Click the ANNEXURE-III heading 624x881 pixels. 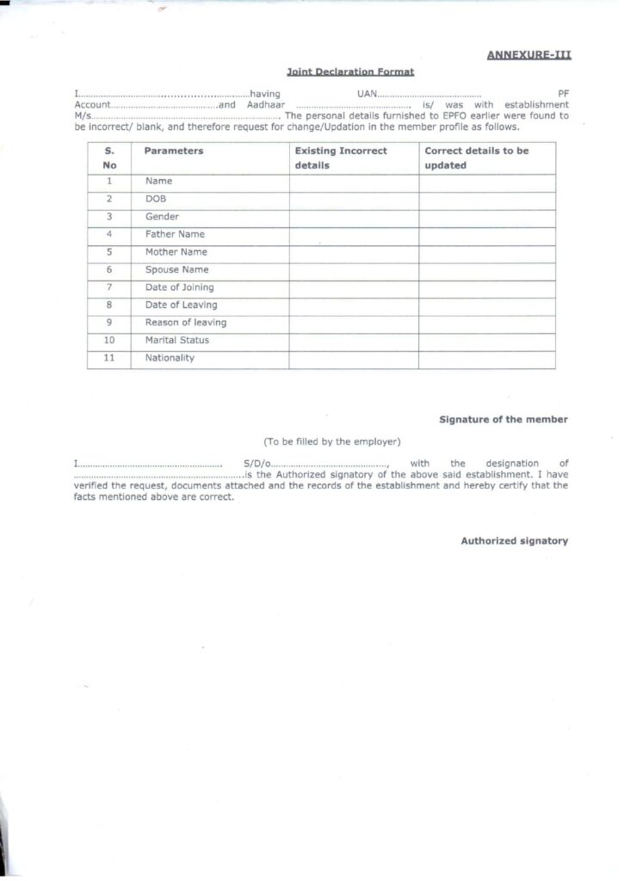click(528, 55)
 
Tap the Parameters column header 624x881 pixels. click(174, 151)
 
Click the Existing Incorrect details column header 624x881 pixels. click(341, 157)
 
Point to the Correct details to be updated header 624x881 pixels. click(477, 157)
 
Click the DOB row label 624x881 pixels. click(157, 199)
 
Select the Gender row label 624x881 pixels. click(162, 217)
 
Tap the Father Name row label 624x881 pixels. click(175, 234)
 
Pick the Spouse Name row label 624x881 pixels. click(176, 269)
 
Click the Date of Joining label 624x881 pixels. click(179, 287)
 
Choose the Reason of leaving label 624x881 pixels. click(185, 323)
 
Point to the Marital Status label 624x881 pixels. click(176, 340)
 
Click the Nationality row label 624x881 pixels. click(170, 358)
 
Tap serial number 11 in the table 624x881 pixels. click(109, 358)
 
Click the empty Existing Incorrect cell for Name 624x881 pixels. click(354, 182)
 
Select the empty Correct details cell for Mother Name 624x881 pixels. click(486, 252)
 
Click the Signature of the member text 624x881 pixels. click(504, 419)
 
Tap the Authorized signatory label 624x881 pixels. click(514, 541)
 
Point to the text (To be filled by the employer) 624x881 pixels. click(332, 442)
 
